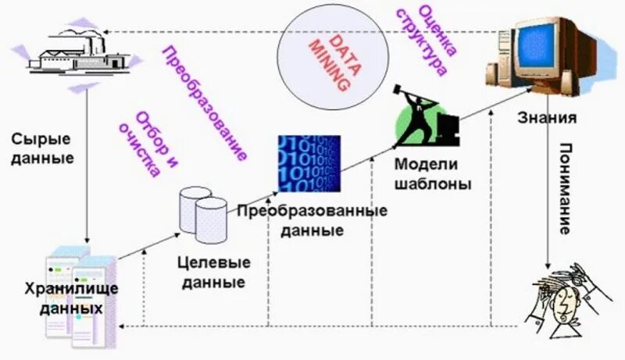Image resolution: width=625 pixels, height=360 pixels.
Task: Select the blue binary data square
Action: point(309,163)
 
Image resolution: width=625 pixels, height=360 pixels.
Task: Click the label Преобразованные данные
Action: point(312,221)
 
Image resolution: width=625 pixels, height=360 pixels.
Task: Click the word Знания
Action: point(547,119)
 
